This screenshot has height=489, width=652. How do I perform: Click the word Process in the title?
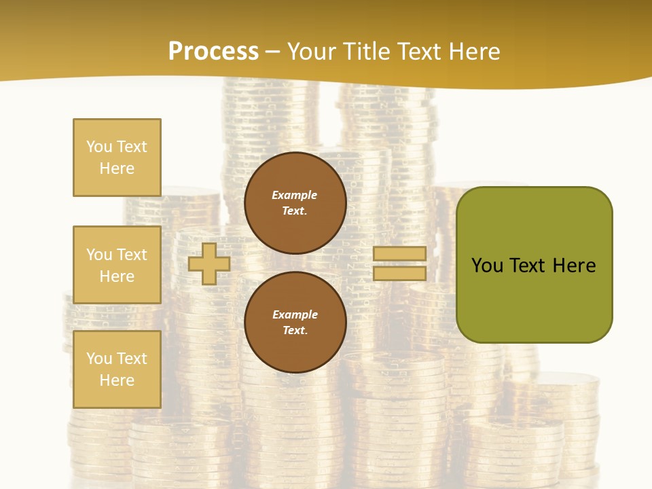pyautogui.click(x=213, y=52)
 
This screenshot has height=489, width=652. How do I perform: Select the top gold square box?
pyautogui.click(x=117, y=158)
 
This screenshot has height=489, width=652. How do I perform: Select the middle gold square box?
pyautogui.click(x=117, y=265)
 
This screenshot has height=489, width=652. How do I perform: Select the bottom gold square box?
pyautogui.click(x=117, y=369)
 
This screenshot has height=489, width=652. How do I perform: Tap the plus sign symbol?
pyautogui.click(x=209, y=264)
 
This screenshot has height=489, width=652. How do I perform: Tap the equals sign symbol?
pyautogui.click(x=399, y=264)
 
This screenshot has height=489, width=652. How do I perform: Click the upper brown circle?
pyautogui.click(x=295, y=203)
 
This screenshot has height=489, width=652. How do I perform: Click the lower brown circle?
pyautogui.click(x=295, y=323)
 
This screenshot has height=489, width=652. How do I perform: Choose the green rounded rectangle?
pyautogui.click(x=534, y=265)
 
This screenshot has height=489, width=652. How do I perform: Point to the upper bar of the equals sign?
pyautogui.click(x=399, y=254)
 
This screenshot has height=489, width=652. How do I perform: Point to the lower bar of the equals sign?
pyautogui.click(x=399, y=273)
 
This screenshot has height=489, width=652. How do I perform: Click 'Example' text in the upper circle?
pyautogui.click(x=295, y=195)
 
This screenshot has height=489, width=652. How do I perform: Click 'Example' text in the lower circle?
pyautogui.click(x=295, y=314)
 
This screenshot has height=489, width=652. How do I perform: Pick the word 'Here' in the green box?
pyautogui.click(x=575, y=266)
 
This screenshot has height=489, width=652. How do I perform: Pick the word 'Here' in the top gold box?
pyautogui.click(x=117, y=168)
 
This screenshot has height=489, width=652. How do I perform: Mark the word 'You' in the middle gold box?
pyautogui.click(x=98, y=255)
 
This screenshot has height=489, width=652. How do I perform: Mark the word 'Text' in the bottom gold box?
pyautogui.click(x=132, y=359)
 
